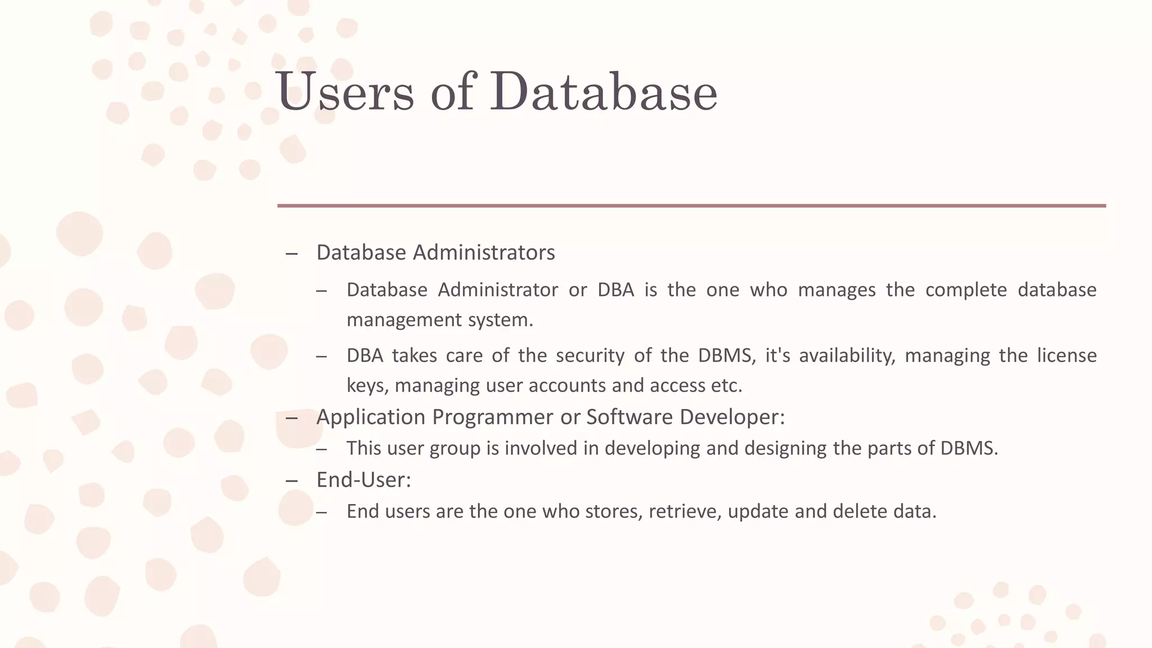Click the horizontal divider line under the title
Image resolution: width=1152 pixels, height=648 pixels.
coord(691,206)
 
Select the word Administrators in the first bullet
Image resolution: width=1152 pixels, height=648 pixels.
coord(484,253)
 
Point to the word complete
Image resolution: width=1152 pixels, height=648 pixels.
coord(966,290)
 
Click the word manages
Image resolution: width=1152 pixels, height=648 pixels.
coord(836,290)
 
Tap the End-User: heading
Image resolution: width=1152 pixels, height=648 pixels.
coord(364,480)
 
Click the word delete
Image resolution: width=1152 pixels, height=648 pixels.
coord(857,511)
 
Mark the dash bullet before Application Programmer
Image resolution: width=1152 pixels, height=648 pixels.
coord(291,418)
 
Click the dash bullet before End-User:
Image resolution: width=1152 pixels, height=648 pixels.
coord(291,481)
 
